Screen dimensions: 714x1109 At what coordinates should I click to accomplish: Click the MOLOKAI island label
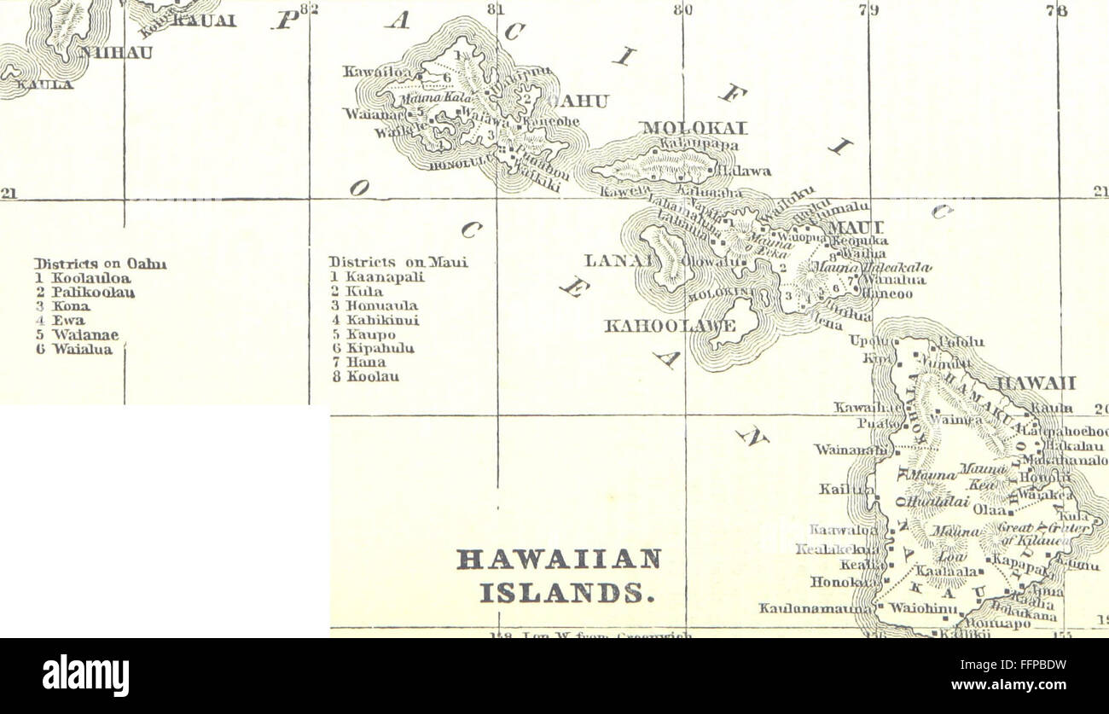click(694, 128)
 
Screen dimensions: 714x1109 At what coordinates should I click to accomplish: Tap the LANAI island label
click(613, 261)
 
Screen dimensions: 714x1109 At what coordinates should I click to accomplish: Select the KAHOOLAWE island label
click(670, 326)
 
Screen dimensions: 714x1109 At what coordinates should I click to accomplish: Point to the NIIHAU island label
click(107, 53)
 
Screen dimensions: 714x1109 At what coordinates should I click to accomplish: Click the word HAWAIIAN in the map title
click(560, 560)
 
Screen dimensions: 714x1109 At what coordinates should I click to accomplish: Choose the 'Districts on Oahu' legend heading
click(100, 264)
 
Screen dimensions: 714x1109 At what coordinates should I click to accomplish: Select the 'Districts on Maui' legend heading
click(398, 263)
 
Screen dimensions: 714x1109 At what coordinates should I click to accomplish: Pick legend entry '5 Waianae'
click(78, 335)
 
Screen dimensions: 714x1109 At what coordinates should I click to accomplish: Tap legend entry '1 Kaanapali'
click(377, 277)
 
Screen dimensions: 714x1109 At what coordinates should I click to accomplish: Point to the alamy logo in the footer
click(86, 675)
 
